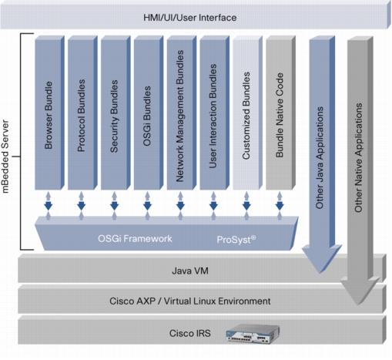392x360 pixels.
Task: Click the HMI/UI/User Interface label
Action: point(189,18)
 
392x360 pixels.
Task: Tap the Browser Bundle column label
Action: point(49,115)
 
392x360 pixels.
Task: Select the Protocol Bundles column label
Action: point(81,116)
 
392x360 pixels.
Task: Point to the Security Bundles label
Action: point(114,116)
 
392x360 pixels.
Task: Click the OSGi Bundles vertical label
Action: point(147,116)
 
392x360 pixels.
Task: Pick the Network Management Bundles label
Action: point(180,116)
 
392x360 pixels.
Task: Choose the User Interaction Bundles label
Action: point(213,116)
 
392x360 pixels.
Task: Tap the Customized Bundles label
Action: point(246,116)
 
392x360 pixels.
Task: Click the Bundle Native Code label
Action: point(280,115)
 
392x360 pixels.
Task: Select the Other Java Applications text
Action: point(320,157)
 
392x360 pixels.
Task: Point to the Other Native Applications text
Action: point(358,157)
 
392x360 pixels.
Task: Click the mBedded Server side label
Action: point(5,156)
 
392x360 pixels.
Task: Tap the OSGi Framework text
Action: point(135,239)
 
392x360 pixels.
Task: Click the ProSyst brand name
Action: point(236,240)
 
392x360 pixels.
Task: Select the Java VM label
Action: point(190,271)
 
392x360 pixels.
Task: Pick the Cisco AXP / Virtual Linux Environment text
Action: point(190,301)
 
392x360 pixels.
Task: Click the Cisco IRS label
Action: point(190,333)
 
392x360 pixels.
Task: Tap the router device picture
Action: point(253,334)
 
